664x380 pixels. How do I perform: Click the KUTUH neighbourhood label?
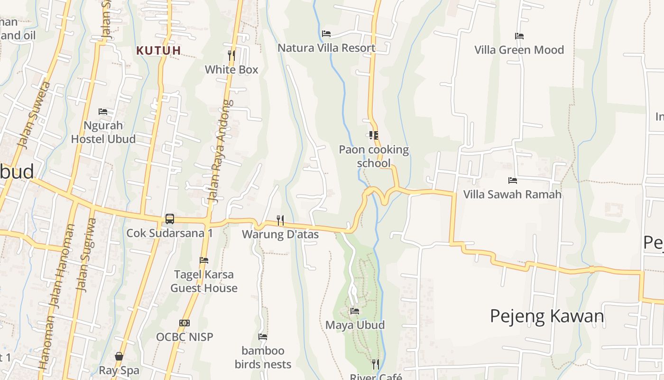[x=158, y=50]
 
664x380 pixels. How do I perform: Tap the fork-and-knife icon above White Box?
[x=231, y=56]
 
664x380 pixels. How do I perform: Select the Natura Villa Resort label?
[x=326, y=47]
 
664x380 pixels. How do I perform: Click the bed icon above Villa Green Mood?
[x=519, y=36]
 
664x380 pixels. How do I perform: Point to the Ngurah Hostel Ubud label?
[x=103, y=132]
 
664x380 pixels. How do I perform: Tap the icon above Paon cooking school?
[x=373, y=135]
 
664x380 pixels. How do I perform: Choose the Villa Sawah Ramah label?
[x=512, y=194]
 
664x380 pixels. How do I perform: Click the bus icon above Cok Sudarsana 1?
[x=169, y=219]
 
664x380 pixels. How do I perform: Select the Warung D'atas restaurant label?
[x=280, y=234]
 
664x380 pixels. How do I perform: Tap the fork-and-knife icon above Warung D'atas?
[x=280, y=220]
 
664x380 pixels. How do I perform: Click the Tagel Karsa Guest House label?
[x=204, y=281]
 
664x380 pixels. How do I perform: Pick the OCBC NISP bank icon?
[x=184, y=323]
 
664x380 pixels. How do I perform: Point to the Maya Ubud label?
[x=355, y=325]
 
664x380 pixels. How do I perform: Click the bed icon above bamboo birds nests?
[x=263, y=337]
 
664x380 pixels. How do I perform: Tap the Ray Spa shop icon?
[x=119, y=356]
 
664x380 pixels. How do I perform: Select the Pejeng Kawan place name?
[x=547, y=316]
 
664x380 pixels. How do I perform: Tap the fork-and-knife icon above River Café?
[x=376, y=364]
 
